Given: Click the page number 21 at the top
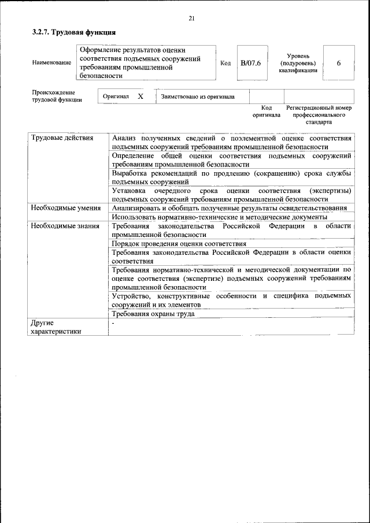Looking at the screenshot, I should point(191,19).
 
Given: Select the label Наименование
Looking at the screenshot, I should point(51,62).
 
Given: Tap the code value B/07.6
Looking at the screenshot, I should point(251,62).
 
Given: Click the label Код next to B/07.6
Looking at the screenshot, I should point(225,62).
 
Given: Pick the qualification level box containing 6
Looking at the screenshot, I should point(338,62).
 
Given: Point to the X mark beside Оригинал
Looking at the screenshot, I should point(140,97).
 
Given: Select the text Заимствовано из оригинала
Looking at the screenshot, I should point(198,97).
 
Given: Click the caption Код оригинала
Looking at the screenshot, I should point(266,112).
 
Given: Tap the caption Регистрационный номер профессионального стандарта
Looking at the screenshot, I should point(319,115).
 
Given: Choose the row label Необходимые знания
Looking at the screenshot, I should point(65,226).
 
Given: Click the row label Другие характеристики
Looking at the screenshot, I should point(55,327).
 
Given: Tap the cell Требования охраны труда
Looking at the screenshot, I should point(153,314).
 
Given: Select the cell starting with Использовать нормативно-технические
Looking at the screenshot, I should point(220,217).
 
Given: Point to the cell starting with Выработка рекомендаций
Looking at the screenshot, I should point(231,177).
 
